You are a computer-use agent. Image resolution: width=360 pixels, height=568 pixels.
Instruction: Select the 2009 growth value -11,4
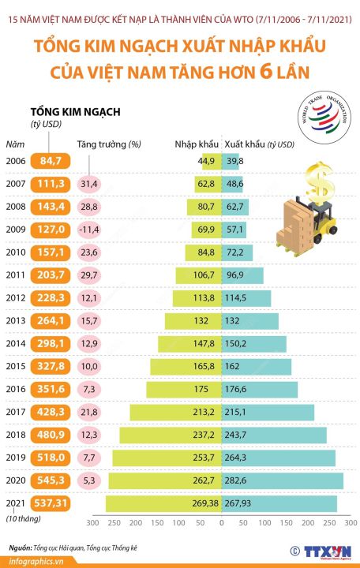click(x=88, y=230)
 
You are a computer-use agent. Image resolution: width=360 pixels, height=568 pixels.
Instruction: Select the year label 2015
click(x=17, y=367)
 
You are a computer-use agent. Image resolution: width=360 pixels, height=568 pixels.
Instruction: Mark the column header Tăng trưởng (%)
click(x=109, y=144)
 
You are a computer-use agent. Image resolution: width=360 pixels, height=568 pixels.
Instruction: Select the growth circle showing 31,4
click(x=88, y=184)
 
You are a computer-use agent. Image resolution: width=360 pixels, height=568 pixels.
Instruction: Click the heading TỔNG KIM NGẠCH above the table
click(x=75, y=111)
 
